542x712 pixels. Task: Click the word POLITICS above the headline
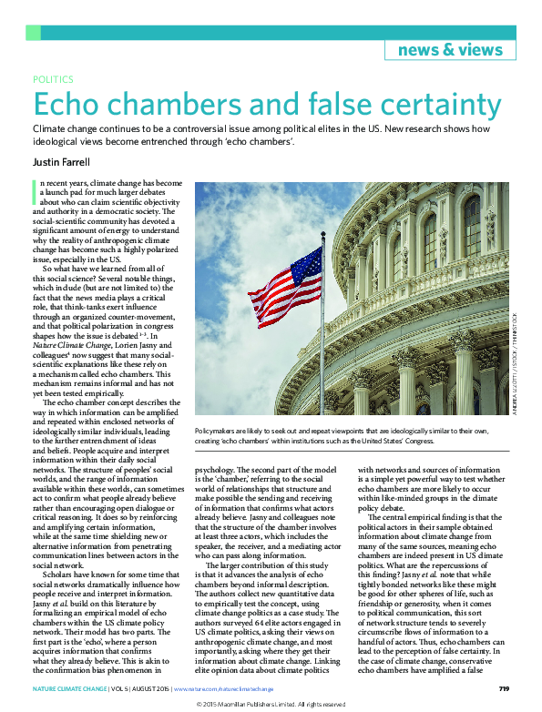coord(54,80)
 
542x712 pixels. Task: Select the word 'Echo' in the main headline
coord(74,102)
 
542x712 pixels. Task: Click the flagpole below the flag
coord(322,355)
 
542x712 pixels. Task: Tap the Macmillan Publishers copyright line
coord(271,704)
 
